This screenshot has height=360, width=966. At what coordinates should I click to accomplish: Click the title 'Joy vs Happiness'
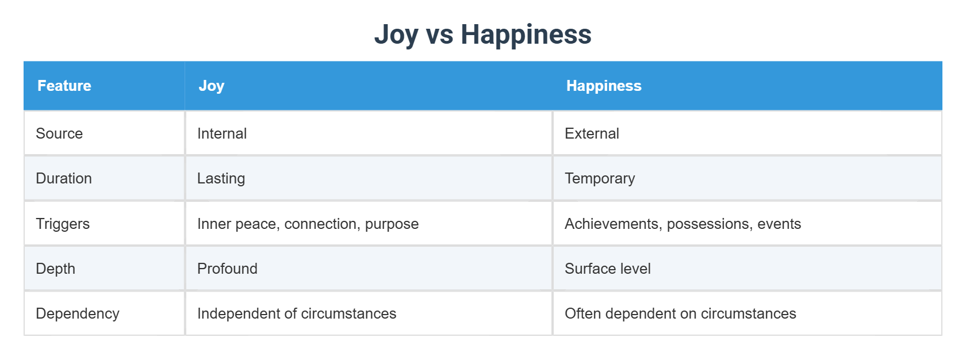pyautogui.click(x=482, y=34)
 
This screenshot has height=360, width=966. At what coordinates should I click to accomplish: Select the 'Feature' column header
pyautogui.click(x=64, y=86)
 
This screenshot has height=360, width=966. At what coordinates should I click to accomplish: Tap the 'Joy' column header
pyautogui.click(x=211, y=86)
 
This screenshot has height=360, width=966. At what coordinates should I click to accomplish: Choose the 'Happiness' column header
pyautogui.click(x=604, y=86)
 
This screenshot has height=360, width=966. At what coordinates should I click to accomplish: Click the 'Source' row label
pyautogui.click(x=59, y=133)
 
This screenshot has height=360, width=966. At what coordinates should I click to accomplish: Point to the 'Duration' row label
pyautogui.click(x=64, y=178)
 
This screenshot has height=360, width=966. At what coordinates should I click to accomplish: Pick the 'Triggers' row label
pyautogui.click(x=63, y=224)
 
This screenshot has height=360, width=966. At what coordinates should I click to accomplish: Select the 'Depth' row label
pyautogui.click(x=56, y=269)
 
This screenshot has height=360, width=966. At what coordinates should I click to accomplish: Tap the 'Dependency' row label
pyautogui.click(x=78, y=313)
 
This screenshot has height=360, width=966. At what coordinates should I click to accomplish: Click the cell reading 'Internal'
pyautogui.click(x=222, y=133)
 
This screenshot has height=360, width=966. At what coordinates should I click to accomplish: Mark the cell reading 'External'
pyautogui.click(x=592, y=133)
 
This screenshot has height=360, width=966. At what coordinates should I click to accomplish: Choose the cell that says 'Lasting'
pyautogui.click(x=221, y=178)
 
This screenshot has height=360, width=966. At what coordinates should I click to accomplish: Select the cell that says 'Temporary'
pyautogui.click(x=600, y=178)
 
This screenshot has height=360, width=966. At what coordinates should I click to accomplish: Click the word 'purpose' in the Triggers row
pyautogui.click(x=392, y=224)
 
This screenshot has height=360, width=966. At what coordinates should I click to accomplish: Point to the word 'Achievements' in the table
pyautogui.click(x=612, y=224)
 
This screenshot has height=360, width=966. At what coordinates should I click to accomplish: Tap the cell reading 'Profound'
pyautogui.click(x=227, y=269)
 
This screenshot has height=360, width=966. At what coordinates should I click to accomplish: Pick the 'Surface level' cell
pyautogui.click(x=608, y=269)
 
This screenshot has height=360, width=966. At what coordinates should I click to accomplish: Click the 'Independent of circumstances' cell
pyautogui.click(x=297, y=313)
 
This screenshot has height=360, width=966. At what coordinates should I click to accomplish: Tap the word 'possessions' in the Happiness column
pyautogui.click(x=709, y=224)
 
